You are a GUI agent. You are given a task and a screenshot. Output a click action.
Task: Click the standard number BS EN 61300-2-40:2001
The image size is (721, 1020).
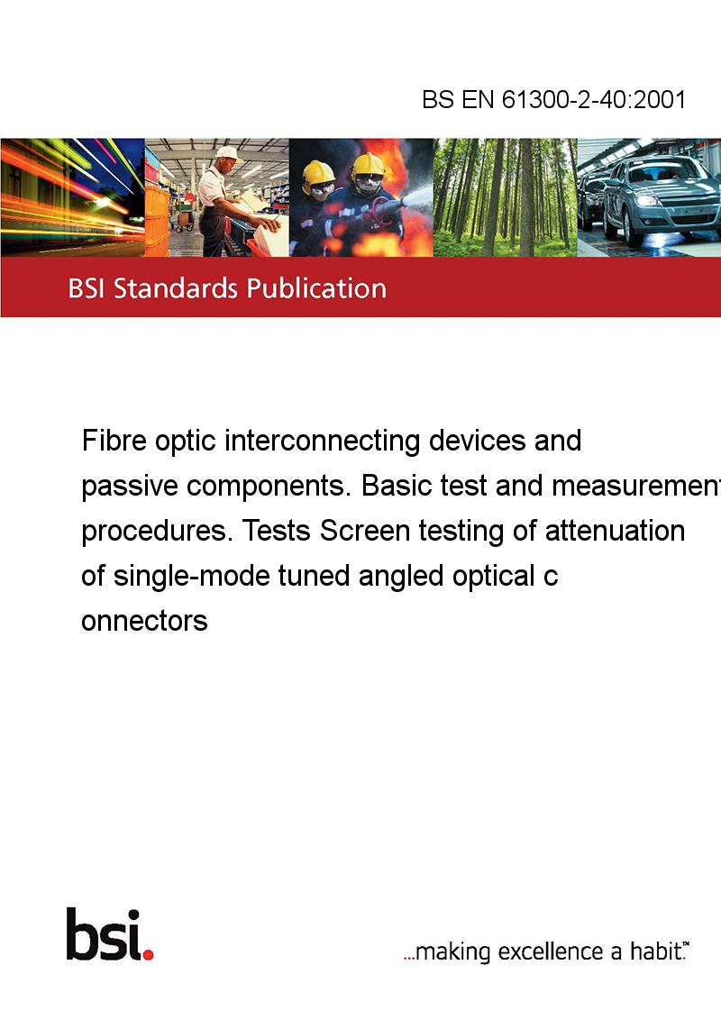(553, 99)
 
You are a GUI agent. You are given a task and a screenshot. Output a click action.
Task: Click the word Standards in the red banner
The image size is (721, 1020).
(175, 288)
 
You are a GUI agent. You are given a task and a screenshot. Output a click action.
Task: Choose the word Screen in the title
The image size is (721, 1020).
(364, 531)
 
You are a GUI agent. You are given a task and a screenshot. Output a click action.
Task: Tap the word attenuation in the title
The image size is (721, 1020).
(615, 531)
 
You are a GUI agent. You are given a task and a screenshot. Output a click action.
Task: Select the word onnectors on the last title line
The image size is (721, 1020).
(144, 621)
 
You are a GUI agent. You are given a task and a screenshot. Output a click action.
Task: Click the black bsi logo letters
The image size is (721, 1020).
(105, 934)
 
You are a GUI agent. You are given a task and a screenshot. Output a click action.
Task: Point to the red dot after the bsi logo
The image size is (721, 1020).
(148, 954)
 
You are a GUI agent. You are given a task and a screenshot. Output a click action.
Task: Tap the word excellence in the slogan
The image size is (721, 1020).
(551, 952)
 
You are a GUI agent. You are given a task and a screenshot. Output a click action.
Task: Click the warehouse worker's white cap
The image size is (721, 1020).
(227, 153)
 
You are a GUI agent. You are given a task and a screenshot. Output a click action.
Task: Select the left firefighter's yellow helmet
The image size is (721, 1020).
(318, 172)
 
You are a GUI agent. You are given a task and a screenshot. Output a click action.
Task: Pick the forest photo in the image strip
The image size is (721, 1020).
(505, 197)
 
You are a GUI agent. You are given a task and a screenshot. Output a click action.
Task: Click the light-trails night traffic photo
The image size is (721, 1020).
(72, 197)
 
